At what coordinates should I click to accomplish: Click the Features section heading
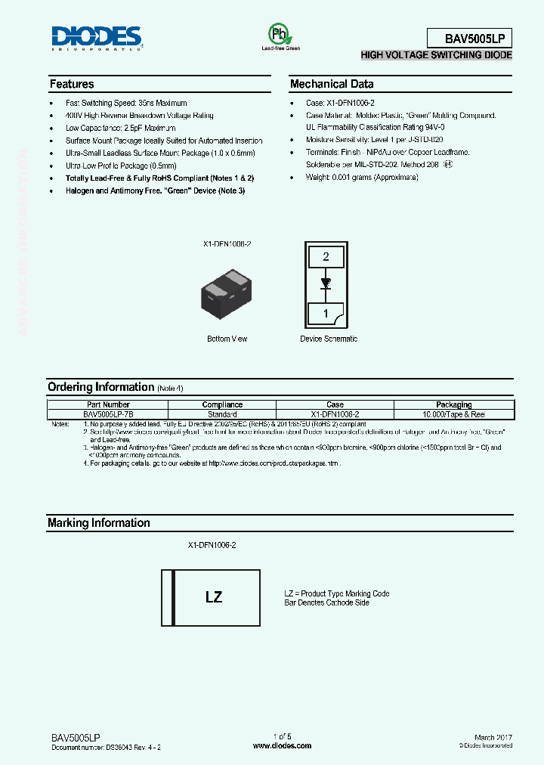(72, 84)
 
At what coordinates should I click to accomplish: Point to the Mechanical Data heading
(332, 84)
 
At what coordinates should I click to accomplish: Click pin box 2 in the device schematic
(326, 257)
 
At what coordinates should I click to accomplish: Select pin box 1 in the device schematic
(326, 312)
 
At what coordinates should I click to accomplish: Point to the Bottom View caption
(227, 339)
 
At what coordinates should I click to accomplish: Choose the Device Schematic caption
(329, 339)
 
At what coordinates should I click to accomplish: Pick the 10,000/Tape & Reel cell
(453, 414)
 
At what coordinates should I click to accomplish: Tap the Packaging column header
(453, 404)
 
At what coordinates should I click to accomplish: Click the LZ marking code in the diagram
(214, 597)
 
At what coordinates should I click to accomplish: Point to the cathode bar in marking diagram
(175, 597)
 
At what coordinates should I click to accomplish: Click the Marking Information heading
(98, 523)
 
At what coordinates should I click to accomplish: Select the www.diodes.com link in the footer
(282, 745)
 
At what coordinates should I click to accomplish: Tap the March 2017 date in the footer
(493, 737)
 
